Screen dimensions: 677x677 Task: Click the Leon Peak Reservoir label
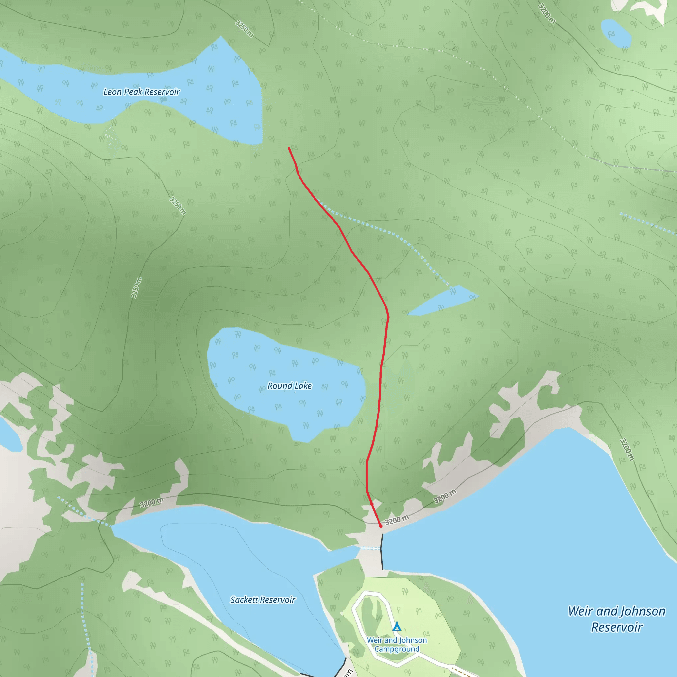[x=141, y=92]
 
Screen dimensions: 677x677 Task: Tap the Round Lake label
[x=290, y=386]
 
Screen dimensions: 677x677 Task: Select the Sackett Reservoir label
[x=262, y=600]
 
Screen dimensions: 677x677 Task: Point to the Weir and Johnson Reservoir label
[x=617, y=619]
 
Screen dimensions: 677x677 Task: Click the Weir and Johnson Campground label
[x=397, y=644]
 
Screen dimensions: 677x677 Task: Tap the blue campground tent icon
[x=397, y=626]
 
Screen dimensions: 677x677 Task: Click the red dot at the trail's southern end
[x=381, y=526]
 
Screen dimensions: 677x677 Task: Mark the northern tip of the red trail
[x=289, y=148]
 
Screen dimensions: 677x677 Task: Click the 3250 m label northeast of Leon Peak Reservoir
[x=244, y=29]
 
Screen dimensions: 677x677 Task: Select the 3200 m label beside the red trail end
[x=397, y=520]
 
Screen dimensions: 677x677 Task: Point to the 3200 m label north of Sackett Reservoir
[x=152, y=503]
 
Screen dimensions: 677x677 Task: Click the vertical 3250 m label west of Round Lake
[x=136, y=287]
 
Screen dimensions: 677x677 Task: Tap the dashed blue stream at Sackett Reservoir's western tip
[x=84, y=512]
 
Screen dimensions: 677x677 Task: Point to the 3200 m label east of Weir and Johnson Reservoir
[x=627, y=450]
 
